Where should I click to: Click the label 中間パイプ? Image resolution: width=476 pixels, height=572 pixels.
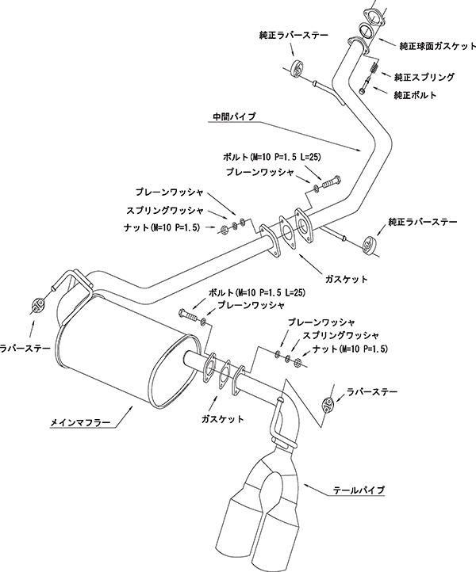(x=234, y=116)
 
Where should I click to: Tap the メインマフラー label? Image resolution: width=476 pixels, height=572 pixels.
(x=79, y=422)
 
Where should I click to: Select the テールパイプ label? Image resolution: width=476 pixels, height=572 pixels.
(x=359, y=490)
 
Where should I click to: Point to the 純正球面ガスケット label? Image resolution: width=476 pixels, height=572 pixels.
(x=438, y=46)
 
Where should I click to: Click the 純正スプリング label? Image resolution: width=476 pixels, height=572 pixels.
(x=424, y=77)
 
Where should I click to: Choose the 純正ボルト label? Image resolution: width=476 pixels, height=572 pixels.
(x=416, y=95)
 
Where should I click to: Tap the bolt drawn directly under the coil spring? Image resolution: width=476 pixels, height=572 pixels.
(x=365, y=85)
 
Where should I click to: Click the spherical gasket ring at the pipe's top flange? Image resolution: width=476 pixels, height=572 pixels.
(x=366, y=30)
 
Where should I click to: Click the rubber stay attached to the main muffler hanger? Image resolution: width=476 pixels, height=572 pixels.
(x=38, y=305)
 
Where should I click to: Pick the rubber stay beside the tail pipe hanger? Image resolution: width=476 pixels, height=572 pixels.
(x=328, y=405)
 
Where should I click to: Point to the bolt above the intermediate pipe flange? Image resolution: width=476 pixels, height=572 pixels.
(x=331, y=182)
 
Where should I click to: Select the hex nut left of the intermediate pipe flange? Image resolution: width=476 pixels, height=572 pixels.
(x=225, y=230)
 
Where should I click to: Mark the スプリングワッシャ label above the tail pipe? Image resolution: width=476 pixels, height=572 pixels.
(x=341, y=335)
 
